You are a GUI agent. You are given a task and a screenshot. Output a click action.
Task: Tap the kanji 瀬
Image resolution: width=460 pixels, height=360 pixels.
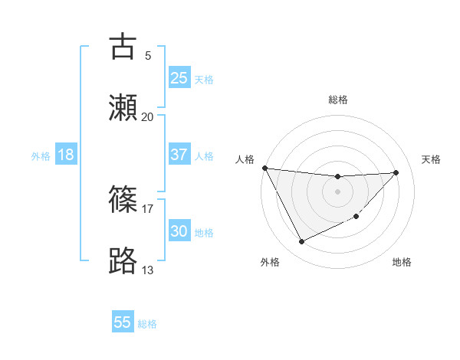tap(123, 108)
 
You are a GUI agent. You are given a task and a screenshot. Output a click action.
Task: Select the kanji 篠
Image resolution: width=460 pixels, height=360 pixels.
tap(123, 200)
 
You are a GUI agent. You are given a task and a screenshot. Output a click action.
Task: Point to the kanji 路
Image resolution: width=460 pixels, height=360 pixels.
tap(123, 261)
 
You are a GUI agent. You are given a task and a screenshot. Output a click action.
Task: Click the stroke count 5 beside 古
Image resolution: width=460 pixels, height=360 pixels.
tap(147, 55)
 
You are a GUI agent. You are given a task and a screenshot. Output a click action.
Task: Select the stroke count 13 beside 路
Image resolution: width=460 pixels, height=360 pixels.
tap(147, 270)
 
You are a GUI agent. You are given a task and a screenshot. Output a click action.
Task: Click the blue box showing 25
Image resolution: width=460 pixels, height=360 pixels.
tap(179, 77)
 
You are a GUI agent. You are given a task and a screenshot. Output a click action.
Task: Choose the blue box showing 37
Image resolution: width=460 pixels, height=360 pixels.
tap(179, 154)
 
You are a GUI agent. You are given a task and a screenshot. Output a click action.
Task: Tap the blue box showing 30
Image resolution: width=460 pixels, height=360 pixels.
tap(179, 231)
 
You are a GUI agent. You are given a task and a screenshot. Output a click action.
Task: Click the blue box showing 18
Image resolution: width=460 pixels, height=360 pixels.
tap(66, 155)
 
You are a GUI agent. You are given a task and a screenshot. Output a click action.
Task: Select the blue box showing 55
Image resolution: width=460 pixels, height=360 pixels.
tap(123, 322)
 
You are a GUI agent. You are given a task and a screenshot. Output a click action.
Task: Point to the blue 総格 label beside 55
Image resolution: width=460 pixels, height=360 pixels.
tap(147, 324)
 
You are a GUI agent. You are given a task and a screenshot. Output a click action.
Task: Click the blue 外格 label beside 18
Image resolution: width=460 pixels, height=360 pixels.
tap(41, 156)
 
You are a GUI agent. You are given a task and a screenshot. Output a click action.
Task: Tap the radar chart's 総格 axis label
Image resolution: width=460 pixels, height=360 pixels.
tap(337, 100)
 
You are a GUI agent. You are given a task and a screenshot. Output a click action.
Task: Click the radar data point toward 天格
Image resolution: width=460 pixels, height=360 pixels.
tap(396, 172)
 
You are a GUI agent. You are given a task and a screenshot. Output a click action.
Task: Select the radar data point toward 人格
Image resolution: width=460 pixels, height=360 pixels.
tap(264, 168)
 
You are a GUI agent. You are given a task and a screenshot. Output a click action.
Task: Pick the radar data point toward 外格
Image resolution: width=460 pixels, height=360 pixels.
tap(301, 242)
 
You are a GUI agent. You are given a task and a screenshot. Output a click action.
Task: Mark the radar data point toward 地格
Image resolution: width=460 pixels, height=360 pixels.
tap(356, 217)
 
